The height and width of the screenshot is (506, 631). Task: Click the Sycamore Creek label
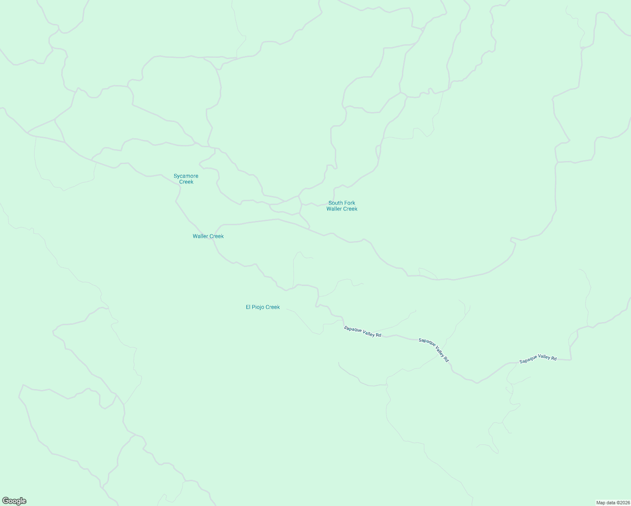pyautogui.click(x=186, y=179)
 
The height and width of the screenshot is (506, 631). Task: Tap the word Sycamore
pyautogui.click(x=186, y=176)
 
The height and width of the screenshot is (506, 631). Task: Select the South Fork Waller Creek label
pyautogui.click(x=342, y=206)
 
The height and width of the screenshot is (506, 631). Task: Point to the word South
pyautogui.click(x=336, y=203)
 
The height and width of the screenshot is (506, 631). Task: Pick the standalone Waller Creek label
pyautogui.click(x=208, y=236)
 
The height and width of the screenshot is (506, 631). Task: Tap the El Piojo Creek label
pyautogui.click(x=263, y=307)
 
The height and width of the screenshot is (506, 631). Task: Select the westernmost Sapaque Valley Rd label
pyautogui.click(x=362, y=331)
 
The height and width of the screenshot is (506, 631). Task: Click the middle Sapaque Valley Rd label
pyautogui.click(x=434, y=350)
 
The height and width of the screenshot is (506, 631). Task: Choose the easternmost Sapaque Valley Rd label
pyautogui.click(x=538, y=359)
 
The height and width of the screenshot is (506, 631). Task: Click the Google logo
pyautogui.click(x=14, y=501)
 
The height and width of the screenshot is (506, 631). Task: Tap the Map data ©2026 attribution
pyautogui.click(x=612, y=503)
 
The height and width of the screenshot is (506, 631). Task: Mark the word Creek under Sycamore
pyautogui.click(x=186, y=182)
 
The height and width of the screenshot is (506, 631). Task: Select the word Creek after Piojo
pyautogui.click(x=272, y=307)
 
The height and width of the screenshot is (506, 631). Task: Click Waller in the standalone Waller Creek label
pyautogui.click(x=200, y=236)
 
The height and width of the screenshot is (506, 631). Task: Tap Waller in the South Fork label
pyautogui.click(x=334, y=209)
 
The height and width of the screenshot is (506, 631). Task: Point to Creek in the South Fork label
pyautogui.click(x=350, y=209)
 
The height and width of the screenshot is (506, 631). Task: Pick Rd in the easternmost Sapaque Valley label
pyautogui.click(x=553, y=358)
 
